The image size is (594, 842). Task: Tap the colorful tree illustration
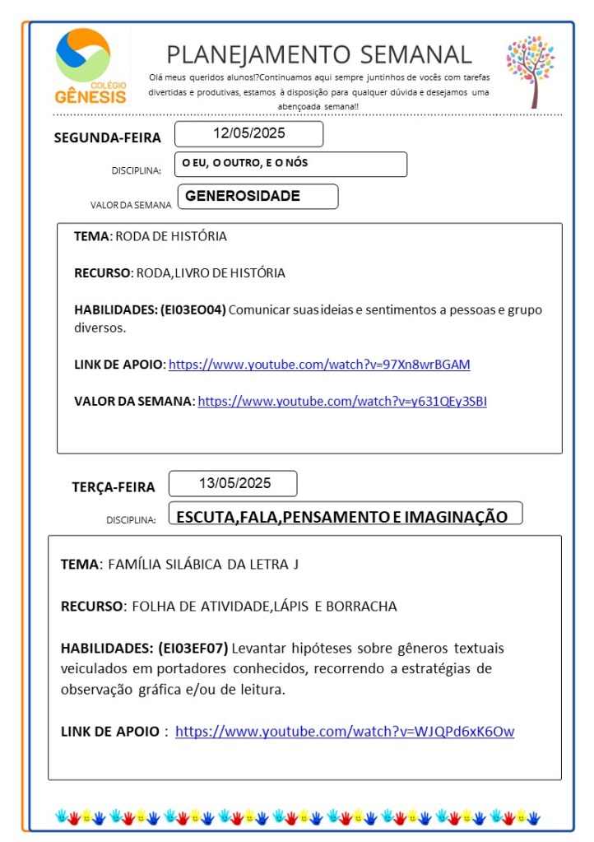[x=530, y=70]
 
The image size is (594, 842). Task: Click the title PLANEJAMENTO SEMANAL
[x=319, y=54]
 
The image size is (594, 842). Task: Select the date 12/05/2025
[x=248, y=133]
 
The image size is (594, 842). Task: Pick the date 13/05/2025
[x=234, y=483]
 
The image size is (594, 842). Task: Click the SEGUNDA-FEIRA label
[x=108, y=137]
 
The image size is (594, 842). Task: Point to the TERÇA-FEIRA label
[x=113, y=487]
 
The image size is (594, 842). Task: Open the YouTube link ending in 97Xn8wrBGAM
[x=319, y=364]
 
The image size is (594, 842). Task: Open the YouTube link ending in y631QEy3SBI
[x=342, y=402]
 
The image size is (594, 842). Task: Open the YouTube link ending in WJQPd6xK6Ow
[x=345, y=731]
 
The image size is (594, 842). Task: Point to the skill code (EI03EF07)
[x=193, y=647]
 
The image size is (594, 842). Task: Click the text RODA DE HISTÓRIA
[x=171, y=236]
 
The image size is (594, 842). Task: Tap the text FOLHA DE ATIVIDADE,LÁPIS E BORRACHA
[x=260, y=607]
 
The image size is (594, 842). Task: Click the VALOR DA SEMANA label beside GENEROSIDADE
[x=131, y=206]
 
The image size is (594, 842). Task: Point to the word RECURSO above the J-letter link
[x=90, y=607]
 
